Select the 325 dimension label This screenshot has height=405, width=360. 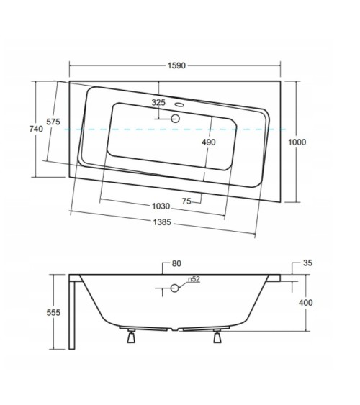158,103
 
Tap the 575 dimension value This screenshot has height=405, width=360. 53,122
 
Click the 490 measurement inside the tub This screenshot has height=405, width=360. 208,142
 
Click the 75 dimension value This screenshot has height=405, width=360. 186,202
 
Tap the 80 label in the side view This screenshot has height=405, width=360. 176,263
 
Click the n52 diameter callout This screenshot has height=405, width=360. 193,278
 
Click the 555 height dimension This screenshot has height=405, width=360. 53,313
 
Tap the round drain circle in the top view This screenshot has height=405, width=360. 175,117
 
